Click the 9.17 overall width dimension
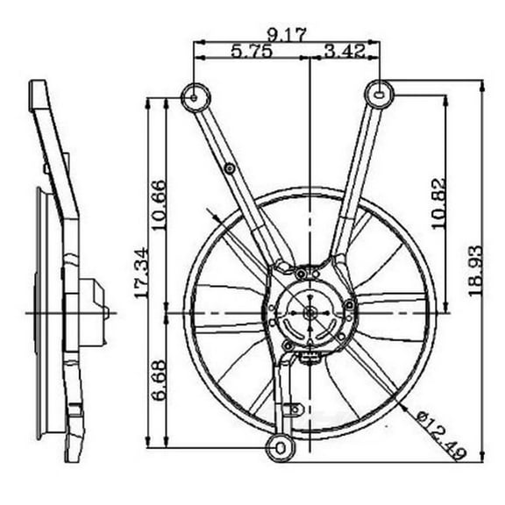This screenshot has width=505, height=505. pos(286,35)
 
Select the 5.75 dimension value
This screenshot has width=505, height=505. pos(252,52)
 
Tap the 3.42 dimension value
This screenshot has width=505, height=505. pos(344,52)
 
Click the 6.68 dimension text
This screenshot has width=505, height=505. pos(159,383)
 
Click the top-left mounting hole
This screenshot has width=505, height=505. pos(194,96)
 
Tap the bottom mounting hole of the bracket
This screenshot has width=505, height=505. pos(280,447)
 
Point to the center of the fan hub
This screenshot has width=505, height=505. pos(310,312)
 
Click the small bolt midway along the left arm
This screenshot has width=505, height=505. pos(230,167)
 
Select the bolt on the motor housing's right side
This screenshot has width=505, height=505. pos(350,305)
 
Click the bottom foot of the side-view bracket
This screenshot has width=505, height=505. pos(74,449)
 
